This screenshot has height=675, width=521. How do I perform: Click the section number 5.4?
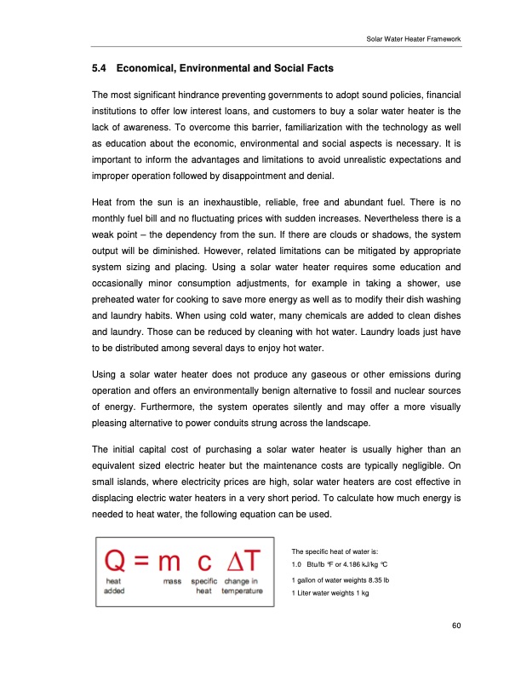click(x=100, y=67)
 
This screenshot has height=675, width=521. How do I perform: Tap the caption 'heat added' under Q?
click(x=113, y=586)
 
